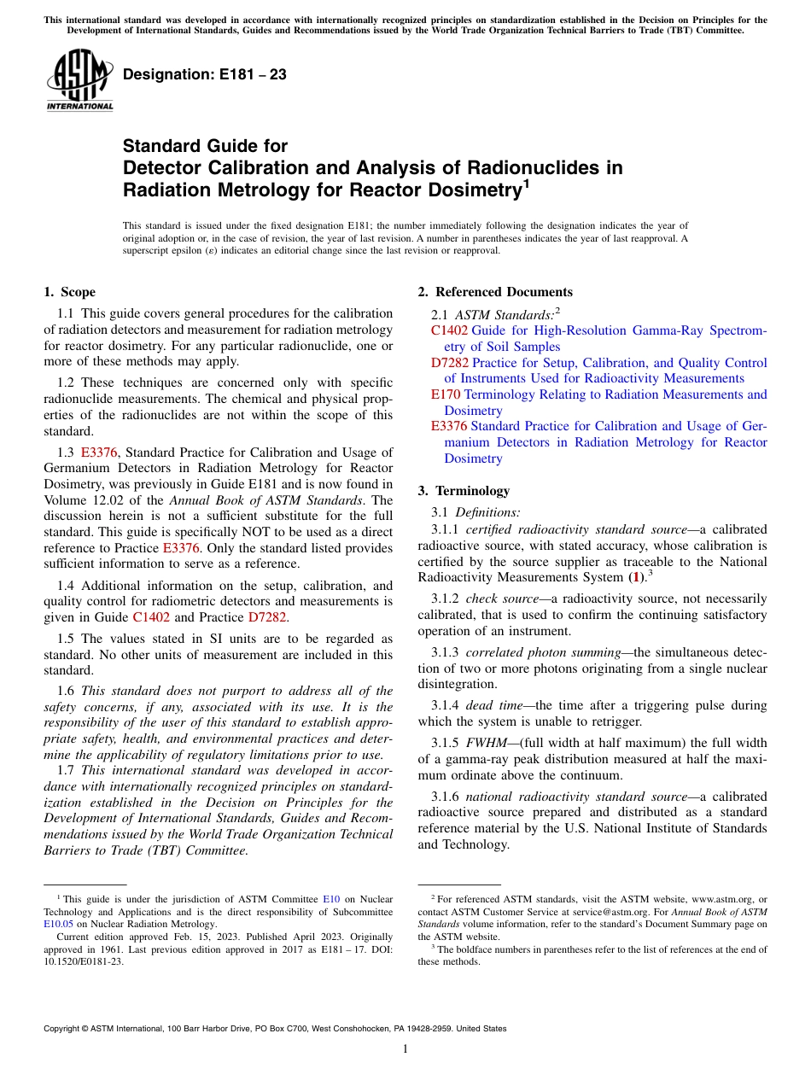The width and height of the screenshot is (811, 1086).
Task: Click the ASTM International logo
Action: (x=79, y=80)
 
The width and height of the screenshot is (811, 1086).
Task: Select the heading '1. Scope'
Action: (x=69, y=292)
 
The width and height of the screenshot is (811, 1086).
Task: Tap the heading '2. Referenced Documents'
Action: (x=494, y=292)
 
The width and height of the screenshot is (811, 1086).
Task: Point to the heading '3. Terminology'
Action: (x=464, y=491)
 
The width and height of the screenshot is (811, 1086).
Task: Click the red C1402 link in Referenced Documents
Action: (x=449, y=330)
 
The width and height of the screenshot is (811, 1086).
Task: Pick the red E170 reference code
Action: (x=445, y=394)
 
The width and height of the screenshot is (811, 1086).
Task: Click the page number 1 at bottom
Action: (x=405, y=1049)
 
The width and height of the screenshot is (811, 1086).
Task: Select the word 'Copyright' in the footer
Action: (x=64, y=1029)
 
